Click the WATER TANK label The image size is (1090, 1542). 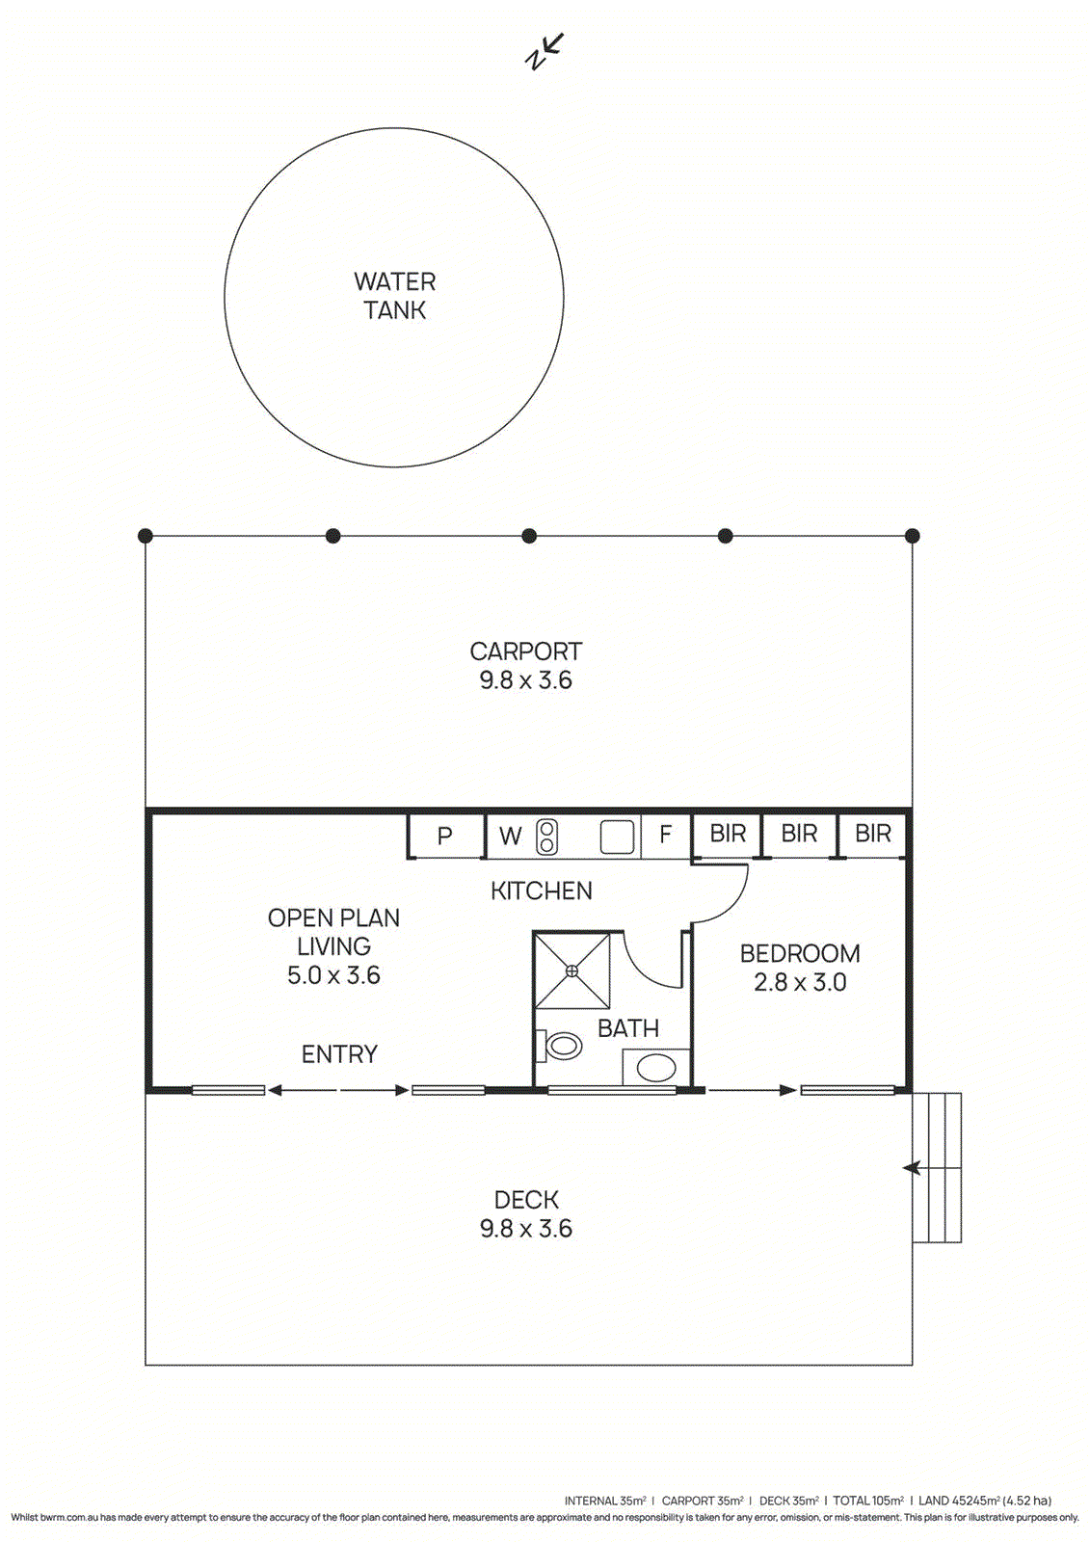[394, 296]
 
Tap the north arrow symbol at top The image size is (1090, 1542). [545, 51]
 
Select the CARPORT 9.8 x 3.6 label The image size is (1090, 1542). [525, 666]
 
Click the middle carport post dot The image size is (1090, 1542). [528, 536]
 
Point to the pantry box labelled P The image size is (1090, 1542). [444, 836]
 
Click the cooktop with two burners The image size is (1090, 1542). [546, 836]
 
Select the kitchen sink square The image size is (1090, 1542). [617, 837]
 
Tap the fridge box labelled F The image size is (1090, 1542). [665, 835]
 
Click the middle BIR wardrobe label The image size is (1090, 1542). [799, 834]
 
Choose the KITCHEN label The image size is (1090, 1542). [541, 891]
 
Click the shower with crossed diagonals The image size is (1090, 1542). [572, 970]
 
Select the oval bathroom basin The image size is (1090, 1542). [656, 1068]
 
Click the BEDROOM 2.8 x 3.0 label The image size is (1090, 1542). [800, 968]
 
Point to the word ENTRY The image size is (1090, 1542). [339, 1054]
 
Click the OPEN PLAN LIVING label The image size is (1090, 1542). [333, 945]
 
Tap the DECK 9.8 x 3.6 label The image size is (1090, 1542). [526, 1214]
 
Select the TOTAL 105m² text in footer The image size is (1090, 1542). [867, 1501]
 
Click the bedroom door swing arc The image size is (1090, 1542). [728, 896]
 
